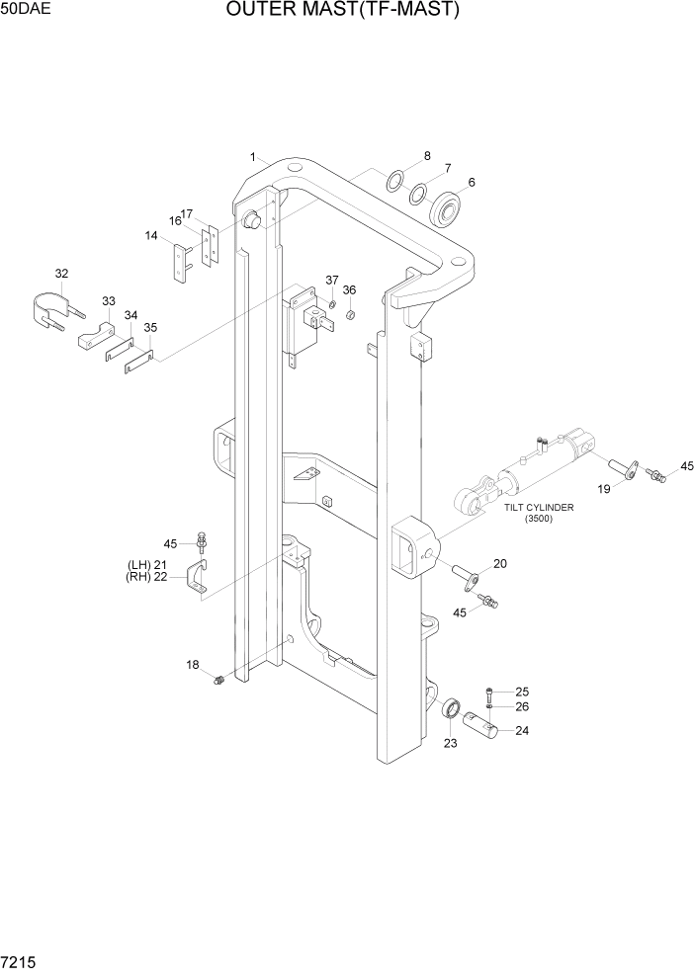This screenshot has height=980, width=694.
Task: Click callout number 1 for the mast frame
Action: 254,157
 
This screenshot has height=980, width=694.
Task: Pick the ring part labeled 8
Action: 394,180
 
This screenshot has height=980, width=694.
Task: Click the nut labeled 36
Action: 351,315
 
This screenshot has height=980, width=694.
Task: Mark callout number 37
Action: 332,281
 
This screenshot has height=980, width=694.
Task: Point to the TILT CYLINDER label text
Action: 539,508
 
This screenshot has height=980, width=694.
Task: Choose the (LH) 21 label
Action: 147,564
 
